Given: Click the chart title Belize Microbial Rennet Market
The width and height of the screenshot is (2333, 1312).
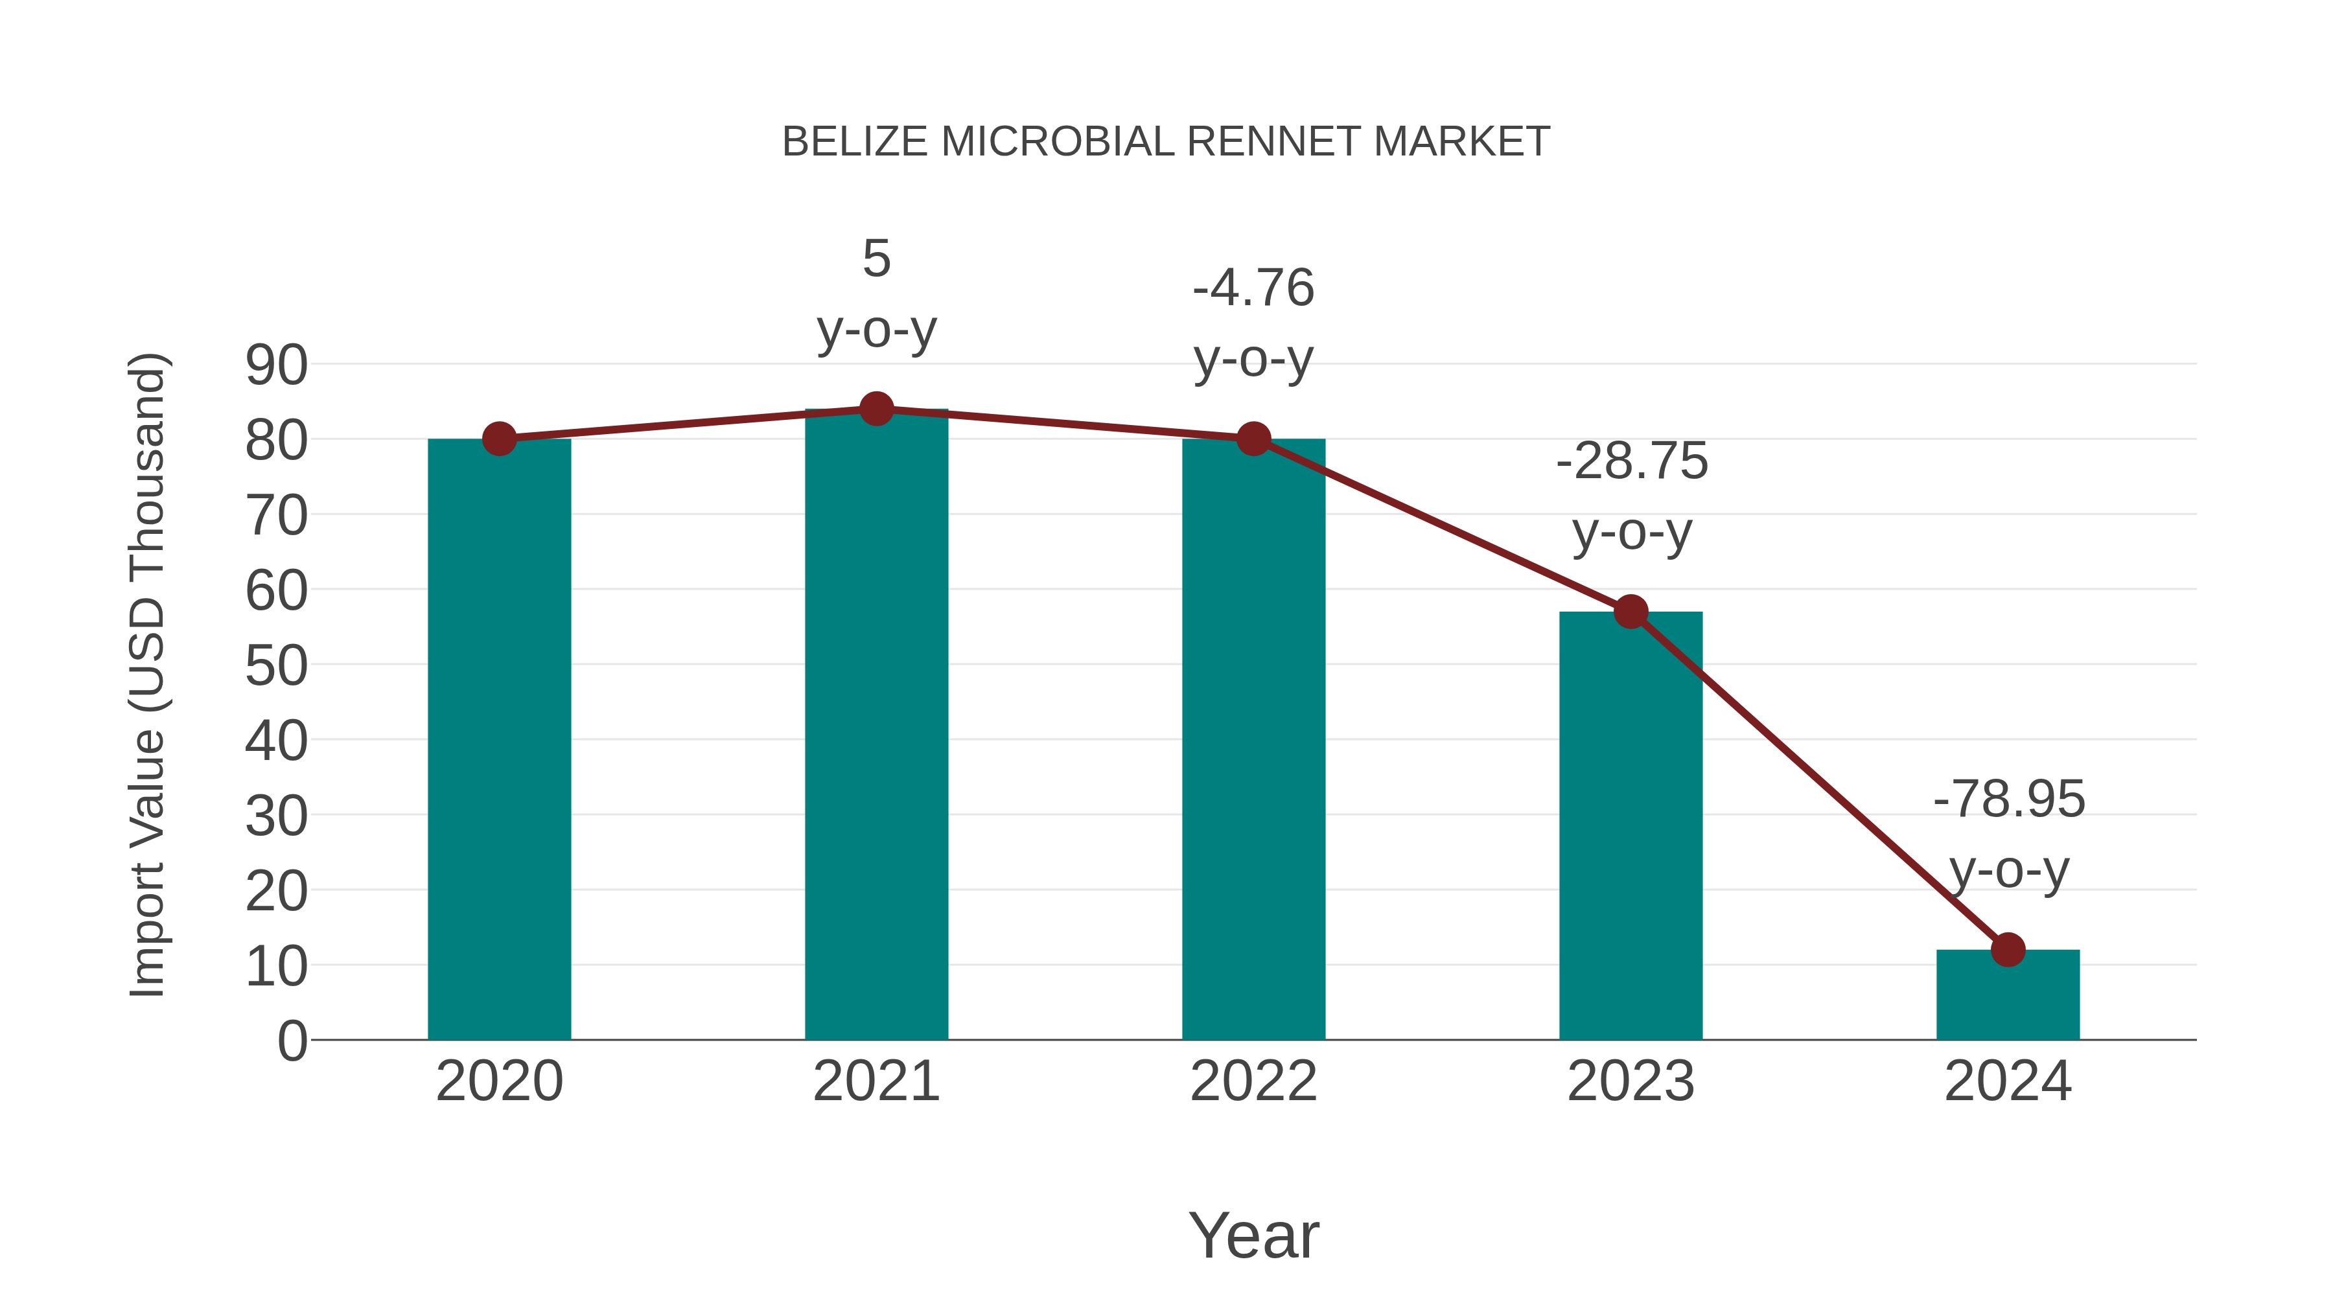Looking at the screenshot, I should tap(1166, 142).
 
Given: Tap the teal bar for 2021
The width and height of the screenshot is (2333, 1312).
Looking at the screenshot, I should tap(876, 724).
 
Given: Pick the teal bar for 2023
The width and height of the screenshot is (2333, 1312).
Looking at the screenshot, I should tap(1631, 824).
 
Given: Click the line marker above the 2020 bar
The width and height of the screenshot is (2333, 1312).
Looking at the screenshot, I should tap(499, 439).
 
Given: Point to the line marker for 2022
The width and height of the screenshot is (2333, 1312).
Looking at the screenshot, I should tap(1253, 439).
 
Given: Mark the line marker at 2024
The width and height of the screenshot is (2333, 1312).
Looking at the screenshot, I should tap(2008, 950).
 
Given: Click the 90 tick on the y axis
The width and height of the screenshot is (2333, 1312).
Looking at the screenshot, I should tap(276, 366).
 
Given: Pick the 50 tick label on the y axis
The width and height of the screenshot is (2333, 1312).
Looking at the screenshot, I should tap(276, 667).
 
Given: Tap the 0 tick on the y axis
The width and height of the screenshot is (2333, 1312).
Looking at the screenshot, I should tap(292, 1041).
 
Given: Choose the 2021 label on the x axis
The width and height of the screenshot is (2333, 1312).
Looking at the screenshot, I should tap(876, 1081).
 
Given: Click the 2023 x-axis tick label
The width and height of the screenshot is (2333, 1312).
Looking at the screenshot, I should tap(1631, 1081).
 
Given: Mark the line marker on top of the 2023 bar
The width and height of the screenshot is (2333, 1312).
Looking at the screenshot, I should tap(1631, 612).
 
